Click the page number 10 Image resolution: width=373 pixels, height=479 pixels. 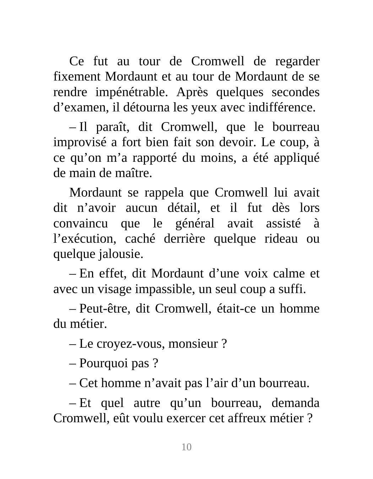pyautogui.click(x=186, y=447)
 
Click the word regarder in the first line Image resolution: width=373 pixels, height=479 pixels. pyautogui.click(x=297, y=62)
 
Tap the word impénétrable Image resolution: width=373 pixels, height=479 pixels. pyautogui.click(x=131, y=92)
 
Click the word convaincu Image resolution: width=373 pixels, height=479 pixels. pyautogui.click(x=80, y=224)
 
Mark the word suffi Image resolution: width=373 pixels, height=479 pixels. pyautogui.click(x=293, y=289)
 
